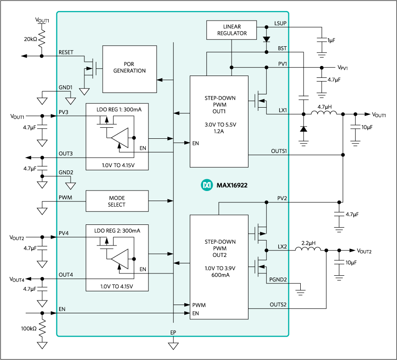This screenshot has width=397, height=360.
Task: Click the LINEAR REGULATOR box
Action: point(232,30)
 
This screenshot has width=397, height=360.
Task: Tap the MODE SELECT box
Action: point(117,201)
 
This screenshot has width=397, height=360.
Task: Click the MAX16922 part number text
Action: point(232,185)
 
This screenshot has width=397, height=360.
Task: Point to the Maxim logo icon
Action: point(206,185)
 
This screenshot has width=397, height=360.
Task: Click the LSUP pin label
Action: point(281,23)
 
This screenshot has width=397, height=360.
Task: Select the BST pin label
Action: point(282,48)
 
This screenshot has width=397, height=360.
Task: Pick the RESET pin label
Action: point(66,53)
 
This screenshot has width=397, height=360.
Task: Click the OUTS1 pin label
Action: point(279,151)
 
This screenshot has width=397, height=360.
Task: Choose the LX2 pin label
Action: point(282,246)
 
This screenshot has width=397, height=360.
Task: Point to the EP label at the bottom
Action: point(173,333)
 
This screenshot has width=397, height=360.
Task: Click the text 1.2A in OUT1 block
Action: point(219,131)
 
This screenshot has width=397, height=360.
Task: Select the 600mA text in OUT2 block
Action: point(219,275)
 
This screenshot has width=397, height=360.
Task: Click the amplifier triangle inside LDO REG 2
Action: point(120,259)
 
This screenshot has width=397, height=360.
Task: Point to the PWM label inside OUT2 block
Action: point(199,305)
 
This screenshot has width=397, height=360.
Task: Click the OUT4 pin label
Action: point(66,275)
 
